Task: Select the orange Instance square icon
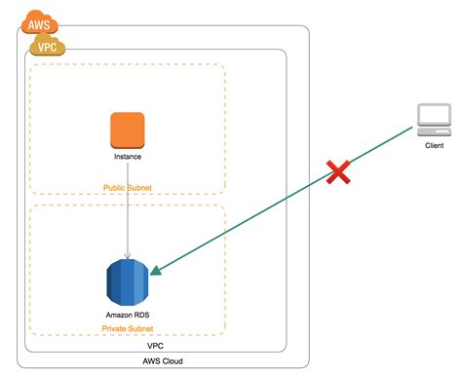tap(128, 131)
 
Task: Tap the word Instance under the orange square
tap(128, 157)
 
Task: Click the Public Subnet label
tap(128, 187)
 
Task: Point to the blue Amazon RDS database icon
tap(128, 281)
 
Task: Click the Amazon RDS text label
tap(128, 316)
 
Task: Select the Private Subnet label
tap(128, 329)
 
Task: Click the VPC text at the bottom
tap(154, 346)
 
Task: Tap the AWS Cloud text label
tap(163, 361)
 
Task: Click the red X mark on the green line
tap(337, 173)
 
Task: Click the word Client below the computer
tap(434, 146)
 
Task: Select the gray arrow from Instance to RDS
tap(128, 209)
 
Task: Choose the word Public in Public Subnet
tap(115, 187)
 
